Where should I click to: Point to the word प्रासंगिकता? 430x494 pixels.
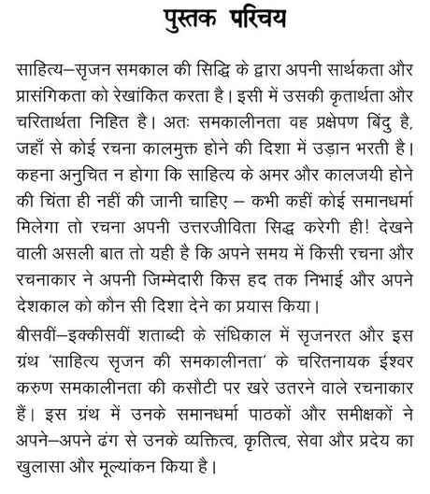(59, 95)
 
